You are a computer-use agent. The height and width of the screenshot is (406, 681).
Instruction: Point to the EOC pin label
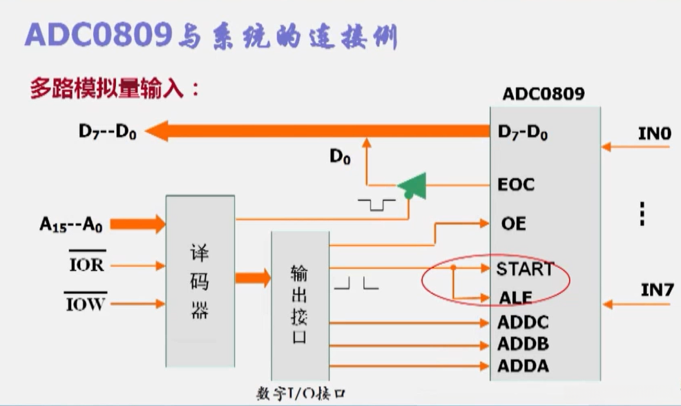click(516, 185)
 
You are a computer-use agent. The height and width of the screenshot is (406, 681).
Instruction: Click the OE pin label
click(513, 224)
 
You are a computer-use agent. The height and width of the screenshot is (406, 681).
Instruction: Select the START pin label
click(524, 269)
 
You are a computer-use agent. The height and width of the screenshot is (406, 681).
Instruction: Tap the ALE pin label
click(515, 298)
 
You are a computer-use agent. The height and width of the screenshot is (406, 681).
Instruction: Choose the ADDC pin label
click(523, 322)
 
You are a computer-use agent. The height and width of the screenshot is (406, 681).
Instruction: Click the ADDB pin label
click(523, 344)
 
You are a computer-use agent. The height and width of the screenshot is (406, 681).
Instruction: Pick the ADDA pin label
click(523, 365)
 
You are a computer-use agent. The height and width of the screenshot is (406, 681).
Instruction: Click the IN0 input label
click(654, 133)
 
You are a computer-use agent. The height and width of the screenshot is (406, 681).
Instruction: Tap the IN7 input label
click(656, 290)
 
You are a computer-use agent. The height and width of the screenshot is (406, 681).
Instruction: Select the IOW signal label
click(86, 303)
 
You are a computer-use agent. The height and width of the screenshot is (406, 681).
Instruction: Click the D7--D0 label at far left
click(107, 131)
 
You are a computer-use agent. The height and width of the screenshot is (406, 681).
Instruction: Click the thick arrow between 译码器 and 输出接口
click(253, 278)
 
